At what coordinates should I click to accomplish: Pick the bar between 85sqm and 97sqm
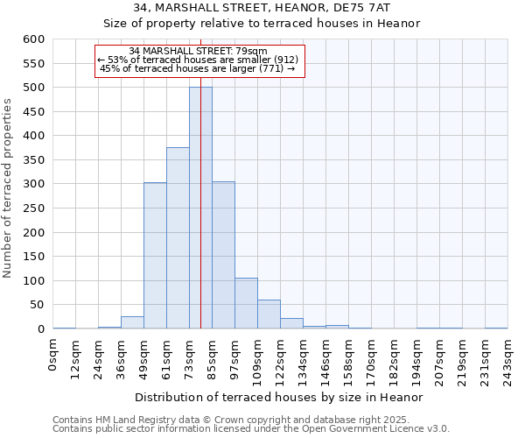coord(223,255)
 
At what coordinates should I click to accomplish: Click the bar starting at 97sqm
coord(246,303)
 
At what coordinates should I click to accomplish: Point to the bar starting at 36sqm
coord(132,322)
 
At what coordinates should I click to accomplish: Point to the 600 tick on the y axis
coord(34,39)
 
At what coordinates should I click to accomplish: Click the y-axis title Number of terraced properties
coord(9,188)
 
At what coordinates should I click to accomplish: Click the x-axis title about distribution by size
coord(279,397)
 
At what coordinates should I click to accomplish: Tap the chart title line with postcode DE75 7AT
coord(262,8)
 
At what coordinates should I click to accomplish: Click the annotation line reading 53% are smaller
coord(199,60)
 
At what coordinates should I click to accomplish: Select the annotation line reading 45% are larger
coord(199,68)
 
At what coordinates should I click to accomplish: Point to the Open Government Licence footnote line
coord(251,429)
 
